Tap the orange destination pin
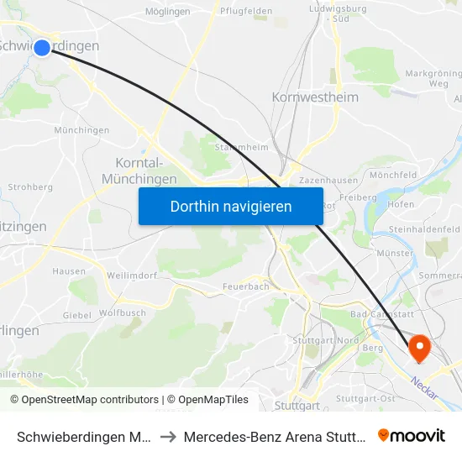pyautogui.click(x=418, y=346)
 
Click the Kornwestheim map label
pyautogui.click(x=315, y=97)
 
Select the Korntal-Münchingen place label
pyautogui.click(x=139, y=171)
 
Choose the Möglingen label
pyautogui.click(x=167, y=12)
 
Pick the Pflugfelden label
pyautogui.click(x=244, y=12)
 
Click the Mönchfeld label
pyautogui.click(x=393, y=175)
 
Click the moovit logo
pyautogui.click(x=412, y=435)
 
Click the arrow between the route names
pyautogui.click(x=167, y=437)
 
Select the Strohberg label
pyautogui.click(x=30, y=187)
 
